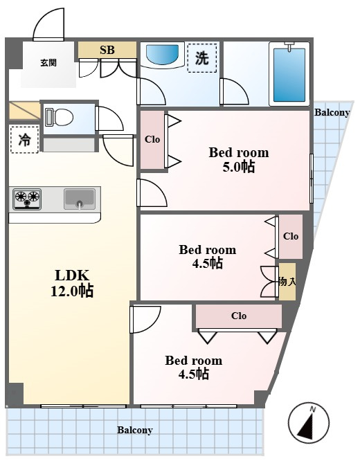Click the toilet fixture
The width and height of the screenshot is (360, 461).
click(59, 117)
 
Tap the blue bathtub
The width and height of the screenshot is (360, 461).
click(289, 74)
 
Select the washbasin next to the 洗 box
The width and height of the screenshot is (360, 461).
click(163, 55)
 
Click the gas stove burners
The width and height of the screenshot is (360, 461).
click(27, 199)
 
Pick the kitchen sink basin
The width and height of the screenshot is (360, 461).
click(80, 199)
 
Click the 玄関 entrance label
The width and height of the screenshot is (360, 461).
click(48, 62)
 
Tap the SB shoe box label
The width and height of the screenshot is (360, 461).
click(107, 50)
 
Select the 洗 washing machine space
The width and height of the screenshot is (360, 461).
click(202, 58)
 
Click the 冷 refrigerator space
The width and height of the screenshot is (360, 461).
click(24, 139)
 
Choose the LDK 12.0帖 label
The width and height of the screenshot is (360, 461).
click(73, 283)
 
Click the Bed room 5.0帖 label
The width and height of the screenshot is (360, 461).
click(239, 160)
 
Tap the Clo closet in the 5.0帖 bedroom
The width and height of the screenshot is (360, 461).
click(152, 140)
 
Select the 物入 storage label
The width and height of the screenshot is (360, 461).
click(287, 282)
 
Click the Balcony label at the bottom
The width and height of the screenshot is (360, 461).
click(135, 430)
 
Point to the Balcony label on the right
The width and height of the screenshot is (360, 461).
click(332, 112)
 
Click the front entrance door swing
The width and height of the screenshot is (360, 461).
click(49, 24)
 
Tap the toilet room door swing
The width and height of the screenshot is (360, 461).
click(109, 118)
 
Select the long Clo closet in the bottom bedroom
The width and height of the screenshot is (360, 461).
click(239, 316)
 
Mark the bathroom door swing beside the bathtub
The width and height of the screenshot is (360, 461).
click(235, 91)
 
